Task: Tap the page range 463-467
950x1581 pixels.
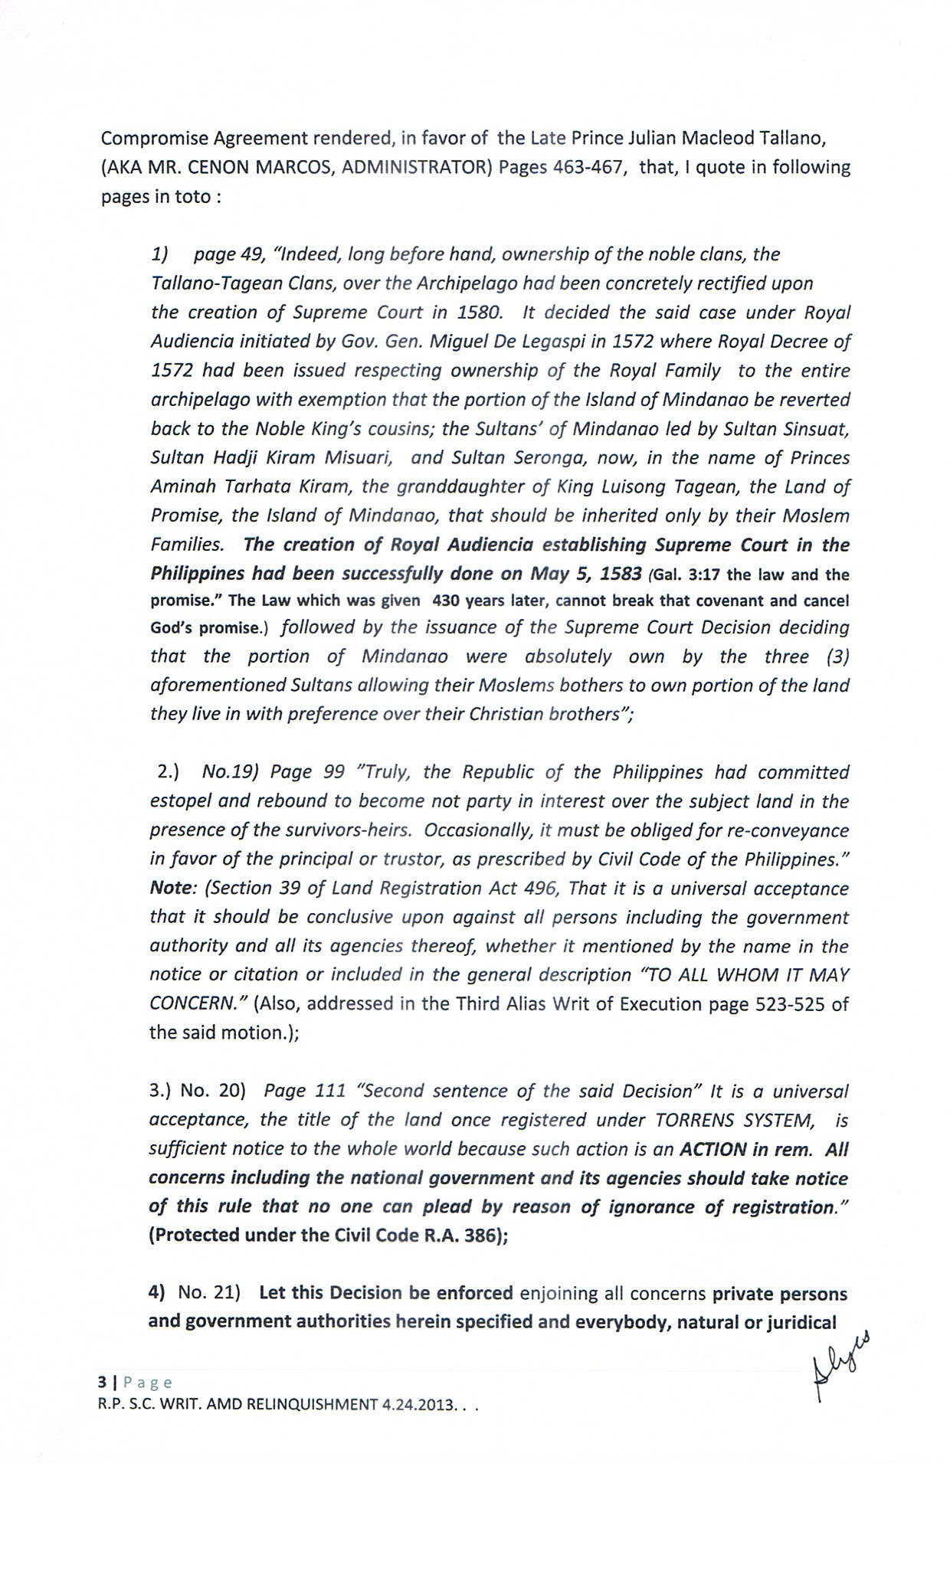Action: coord(586,168)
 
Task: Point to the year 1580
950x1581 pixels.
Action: coord(480,313)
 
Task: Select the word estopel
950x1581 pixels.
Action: coord(181,801)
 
